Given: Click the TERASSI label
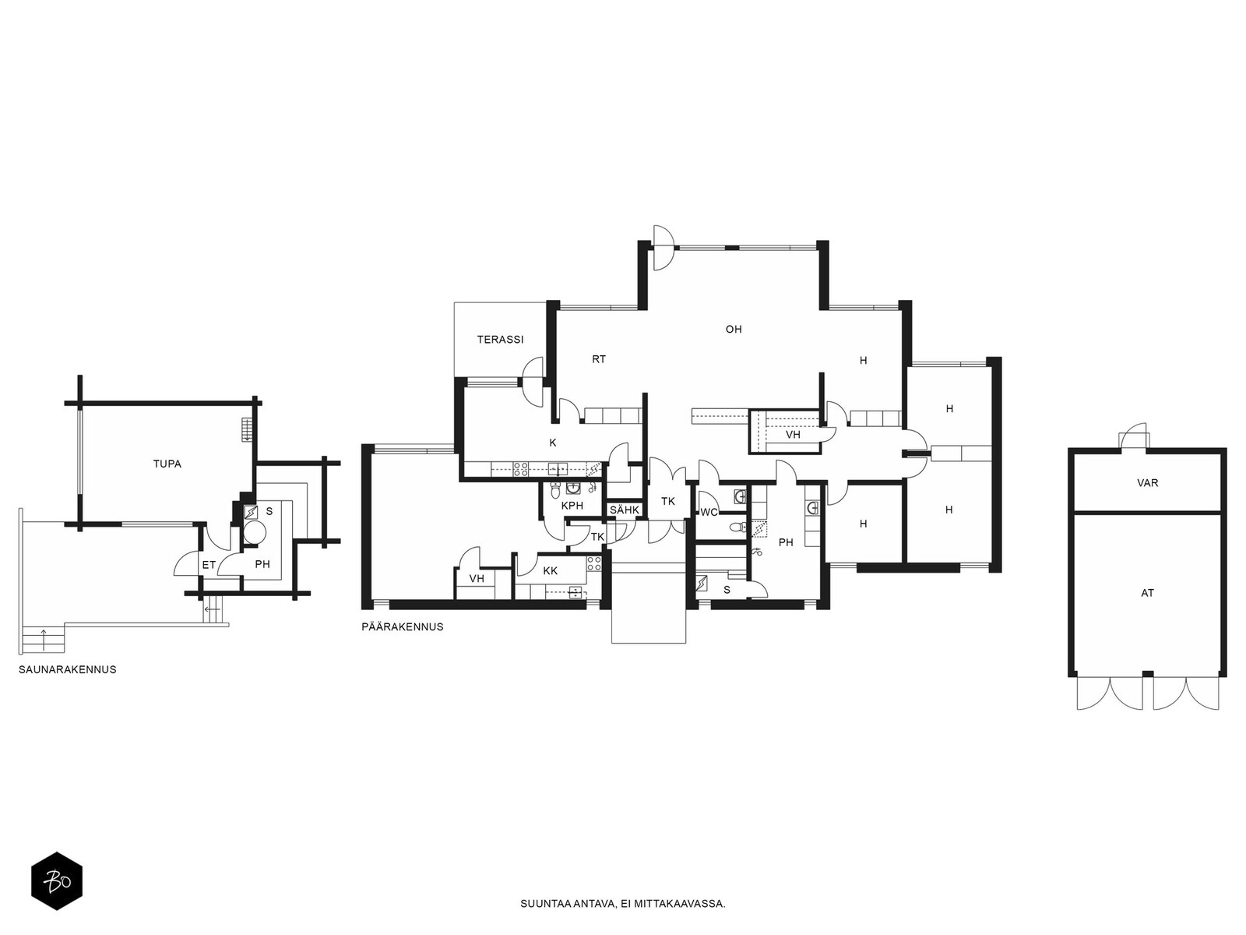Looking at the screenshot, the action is click(x=500, y=340).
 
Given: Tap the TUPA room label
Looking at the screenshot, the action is click(x=167, y=464).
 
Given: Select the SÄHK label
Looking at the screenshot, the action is click(x=625, y=510).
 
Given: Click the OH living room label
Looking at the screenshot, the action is click(x=734, y=330).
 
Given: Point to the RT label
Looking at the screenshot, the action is click(x=599, y=359).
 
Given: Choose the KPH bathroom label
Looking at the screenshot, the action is click(x=572, y=506).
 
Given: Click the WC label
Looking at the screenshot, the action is click(x=709, y=513).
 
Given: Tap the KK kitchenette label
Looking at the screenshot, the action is click(x=550, y=571).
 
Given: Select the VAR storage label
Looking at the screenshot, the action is click(x=1147, y=483).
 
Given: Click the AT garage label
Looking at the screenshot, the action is click(x=1147, y=593).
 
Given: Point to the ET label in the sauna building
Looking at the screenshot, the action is click(x=209, y=566).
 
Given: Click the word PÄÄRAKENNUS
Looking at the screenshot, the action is click(x=403, y=627).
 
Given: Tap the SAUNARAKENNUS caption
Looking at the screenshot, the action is click(x=68, y=670).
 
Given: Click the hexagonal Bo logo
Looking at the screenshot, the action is click(x=57, y=881).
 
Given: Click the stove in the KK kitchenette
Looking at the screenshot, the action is click(x=593, y=563).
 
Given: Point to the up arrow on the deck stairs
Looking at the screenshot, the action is click(x=44, y=639).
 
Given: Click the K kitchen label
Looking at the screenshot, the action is click(x=553, y=443).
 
